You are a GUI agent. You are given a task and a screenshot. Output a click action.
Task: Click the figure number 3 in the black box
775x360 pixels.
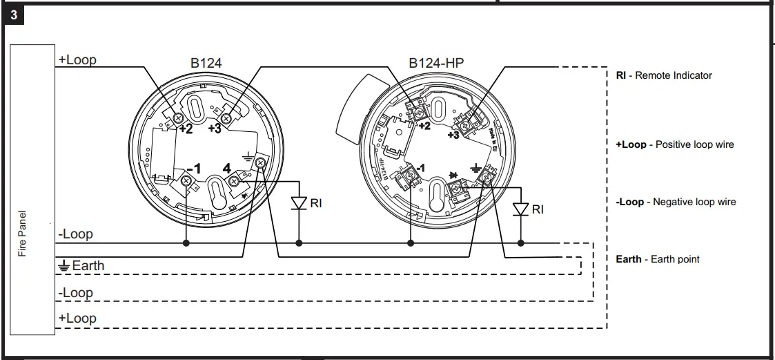[x=14, y=16]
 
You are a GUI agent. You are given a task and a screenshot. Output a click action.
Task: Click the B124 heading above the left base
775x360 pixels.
[x=206, y=63]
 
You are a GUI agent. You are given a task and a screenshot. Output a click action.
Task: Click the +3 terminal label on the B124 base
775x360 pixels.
[x=213, y=128]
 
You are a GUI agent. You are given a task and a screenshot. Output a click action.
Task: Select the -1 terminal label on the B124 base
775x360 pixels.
[x=194, y=169]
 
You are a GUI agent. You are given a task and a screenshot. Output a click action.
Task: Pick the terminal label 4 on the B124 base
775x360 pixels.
[x=226, y=168]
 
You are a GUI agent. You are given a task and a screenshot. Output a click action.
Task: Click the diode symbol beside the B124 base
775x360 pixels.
[x=299, y=203]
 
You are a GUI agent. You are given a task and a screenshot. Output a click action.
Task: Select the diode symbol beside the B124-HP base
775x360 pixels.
[x=521, y=209]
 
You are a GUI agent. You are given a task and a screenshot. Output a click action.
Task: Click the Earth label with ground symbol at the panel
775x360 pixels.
[x=81, y=265]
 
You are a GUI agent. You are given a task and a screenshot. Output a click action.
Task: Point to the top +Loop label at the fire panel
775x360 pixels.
[x=77, y=60]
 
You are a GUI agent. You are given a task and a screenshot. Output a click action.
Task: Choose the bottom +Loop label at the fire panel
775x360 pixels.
[x=77, y=319]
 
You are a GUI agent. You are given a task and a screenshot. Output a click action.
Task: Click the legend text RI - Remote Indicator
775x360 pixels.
[x=663, y=75]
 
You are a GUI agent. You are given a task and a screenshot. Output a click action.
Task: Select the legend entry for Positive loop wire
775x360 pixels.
[x=674, y=144]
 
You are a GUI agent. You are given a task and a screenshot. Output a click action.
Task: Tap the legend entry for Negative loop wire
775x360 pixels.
[x=675, y=202]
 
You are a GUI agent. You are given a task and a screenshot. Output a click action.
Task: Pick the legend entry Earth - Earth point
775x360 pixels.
[x=657, y=259]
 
